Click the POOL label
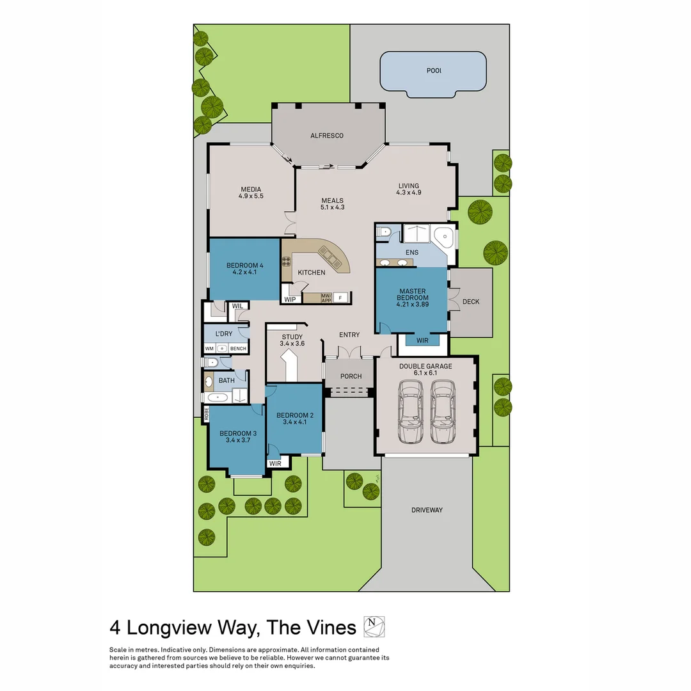pos(434,70)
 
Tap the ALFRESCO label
pos(327,136)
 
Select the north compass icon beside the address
pos(374,626)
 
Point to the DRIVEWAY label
pos(427,510)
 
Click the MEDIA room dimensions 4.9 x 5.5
pos(251,196)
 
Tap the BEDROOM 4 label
pos(244,265)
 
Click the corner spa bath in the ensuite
pos(444,239)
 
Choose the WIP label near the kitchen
pos(290,299)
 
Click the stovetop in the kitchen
pos(287,260)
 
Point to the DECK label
pos(471,302)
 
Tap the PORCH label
pos(351,376)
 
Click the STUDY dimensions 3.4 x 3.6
pos(292,344)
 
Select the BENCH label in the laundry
pos(238,348)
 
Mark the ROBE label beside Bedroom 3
pos(207,413)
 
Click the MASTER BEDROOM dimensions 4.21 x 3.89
pos(412,305)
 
